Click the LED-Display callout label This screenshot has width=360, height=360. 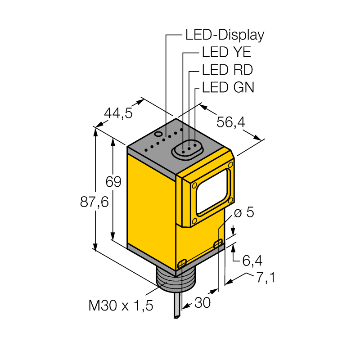tap(225, 36)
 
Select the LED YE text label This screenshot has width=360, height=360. tap(226, 52)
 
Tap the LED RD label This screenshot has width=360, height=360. tap(227, 70)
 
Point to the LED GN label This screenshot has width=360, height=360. tap(228, 87)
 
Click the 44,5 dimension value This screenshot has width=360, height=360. tap(118, 113)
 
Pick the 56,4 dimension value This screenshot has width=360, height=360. tap(231, 122)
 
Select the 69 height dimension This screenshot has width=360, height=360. tap(113, 182)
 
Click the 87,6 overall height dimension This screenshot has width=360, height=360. tap(94, 202)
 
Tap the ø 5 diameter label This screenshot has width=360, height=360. tap(244, 212)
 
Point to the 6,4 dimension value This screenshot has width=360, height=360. tap(252, 261)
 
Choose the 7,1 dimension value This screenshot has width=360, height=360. tap(265, 277)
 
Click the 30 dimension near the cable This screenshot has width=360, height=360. tap(202, 302)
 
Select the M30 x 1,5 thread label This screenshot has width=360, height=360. tap(121, 306)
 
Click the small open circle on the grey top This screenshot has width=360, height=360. tap(158, 134)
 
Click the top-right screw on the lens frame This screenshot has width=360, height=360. tap(230, 165)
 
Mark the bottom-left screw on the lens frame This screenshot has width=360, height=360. tap(194, 221)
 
